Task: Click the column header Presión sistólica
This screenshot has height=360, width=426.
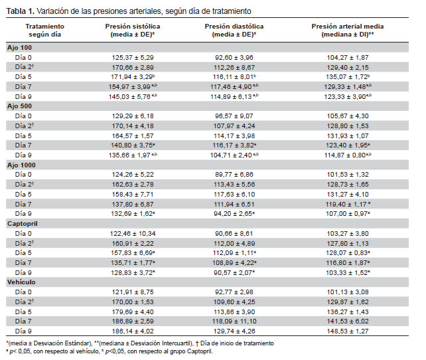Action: [133, 27]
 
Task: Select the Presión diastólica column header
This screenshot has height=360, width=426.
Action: [234, 27]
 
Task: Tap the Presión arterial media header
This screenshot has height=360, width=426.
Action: [348, 27]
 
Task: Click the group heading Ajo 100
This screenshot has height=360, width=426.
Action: [19, 48]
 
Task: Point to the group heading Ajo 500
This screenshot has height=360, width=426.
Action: [19, 106]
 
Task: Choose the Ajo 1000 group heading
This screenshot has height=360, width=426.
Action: [21, 165]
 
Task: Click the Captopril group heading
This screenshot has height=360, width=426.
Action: [23, 224]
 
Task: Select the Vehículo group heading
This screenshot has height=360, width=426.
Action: [21, 282]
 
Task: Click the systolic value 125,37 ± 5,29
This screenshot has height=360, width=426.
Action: [133, 58]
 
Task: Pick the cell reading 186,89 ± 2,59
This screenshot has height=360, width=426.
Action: [133, 321]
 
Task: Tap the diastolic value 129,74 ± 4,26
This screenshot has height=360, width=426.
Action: [234, 331]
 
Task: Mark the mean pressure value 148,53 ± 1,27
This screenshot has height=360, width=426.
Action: [348, 331]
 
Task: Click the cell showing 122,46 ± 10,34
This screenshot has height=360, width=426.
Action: [133, 234]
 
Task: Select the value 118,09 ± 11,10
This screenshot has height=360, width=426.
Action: [234, 321]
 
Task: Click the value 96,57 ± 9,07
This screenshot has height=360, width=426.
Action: [234, 116]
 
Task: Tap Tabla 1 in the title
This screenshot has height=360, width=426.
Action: [20, 11]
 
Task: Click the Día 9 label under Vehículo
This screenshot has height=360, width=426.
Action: [23, 331]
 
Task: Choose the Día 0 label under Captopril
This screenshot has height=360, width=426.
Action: [23, 234]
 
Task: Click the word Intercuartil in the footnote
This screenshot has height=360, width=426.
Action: [177, 343]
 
